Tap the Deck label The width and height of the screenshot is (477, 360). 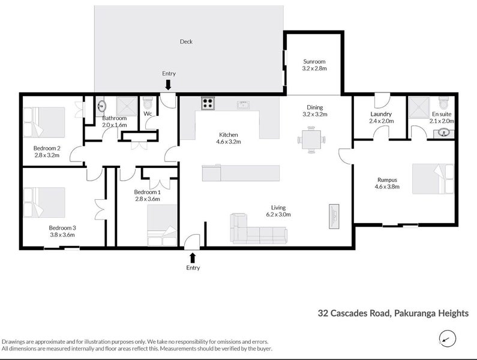pos(186,41)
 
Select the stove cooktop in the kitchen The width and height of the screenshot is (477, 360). pos(208,103)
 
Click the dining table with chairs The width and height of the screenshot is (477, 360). pos(310,139)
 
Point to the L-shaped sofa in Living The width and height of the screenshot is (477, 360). pos(252,229)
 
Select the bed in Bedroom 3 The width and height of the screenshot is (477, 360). pos(44,202)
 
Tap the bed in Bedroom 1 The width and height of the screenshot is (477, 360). pos(162,226)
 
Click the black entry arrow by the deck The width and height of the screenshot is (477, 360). pos(169,85)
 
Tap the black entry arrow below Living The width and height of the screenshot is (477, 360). pos(193,257)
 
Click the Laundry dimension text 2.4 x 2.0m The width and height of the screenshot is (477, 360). pos(381,121)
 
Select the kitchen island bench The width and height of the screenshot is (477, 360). pos(241,174)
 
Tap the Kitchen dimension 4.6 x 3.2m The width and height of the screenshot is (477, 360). pos(229,143)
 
